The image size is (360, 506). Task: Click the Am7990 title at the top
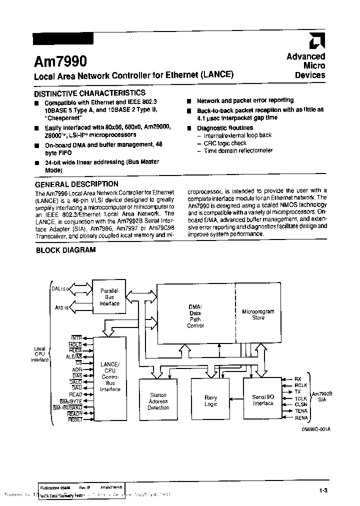[60, 61]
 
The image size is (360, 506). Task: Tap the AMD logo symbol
[317, 43]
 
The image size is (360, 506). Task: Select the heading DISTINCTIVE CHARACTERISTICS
[89, 93]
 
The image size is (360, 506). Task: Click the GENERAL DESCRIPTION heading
[76, 184]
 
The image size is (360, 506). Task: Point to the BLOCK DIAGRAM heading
[65, 250]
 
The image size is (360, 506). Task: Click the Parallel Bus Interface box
[109, 297]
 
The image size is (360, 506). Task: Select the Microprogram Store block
[258, 314]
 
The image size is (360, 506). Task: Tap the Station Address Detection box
[158, 401]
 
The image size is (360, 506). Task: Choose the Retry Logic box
[210, 401]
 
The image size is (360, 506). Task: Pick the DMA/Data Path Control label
[195, 316]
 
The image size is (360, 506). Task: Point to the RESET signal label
[75, 419]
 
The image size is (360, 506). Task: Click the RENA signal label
[301, 417]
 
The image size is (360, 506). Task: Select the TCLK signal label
[301, 398]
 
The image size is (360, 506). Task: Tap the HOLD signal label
[75, 344]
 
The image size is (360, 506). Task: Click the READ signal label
[75, 394]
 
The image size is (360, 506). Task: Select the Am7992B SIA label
[322, 397]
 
